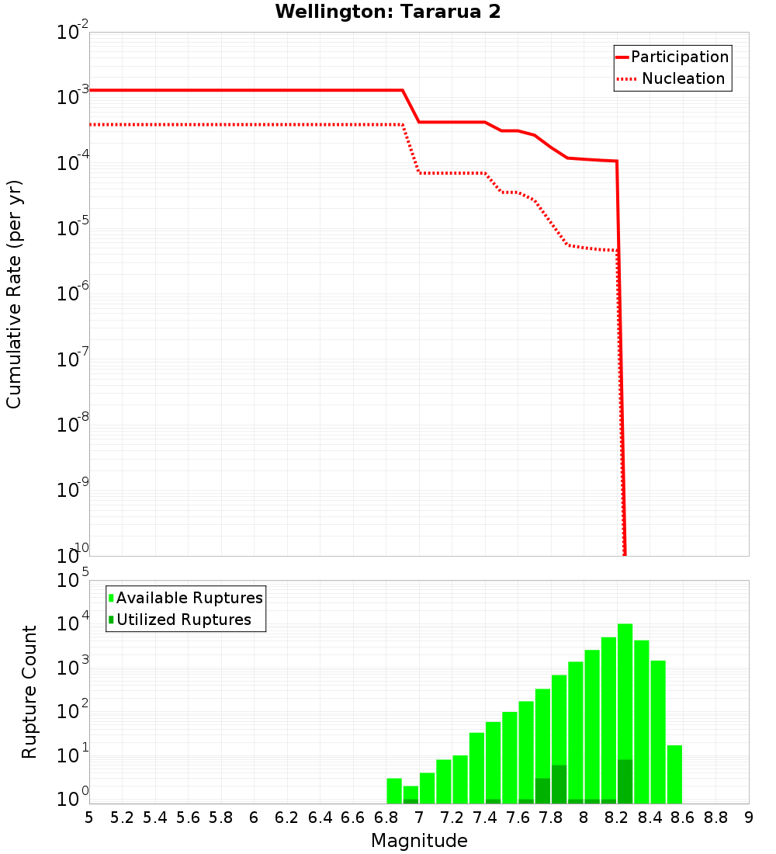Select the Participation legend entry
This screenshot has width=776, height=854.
click(672, 57)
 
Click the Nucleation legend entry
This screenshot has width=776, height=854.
click(672, 79)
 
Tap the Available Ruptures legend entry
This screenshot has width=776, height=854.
click(186, 598)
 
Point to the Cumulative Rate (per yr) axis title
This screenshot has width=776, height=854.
click(14, 293)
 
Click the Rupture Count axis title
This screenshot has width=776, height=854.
click(29, 691)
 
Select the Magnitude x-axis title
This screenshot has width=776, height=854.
click(419, 841)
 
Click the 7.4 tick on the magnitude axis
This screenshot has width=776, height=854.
click(484, 818)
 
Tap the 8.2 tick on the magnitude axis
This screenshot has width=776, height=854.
click(617, 818)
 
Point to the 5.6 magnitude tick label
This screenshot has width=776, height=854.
click(188, 818)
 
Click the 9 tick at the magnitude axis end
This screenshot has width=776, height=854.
click(748, 818)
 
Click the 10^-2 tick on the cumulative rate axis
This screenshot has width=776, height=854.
click(73, 33)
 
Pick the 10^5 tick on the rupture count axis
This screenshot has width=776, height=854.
click(73, 581)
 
